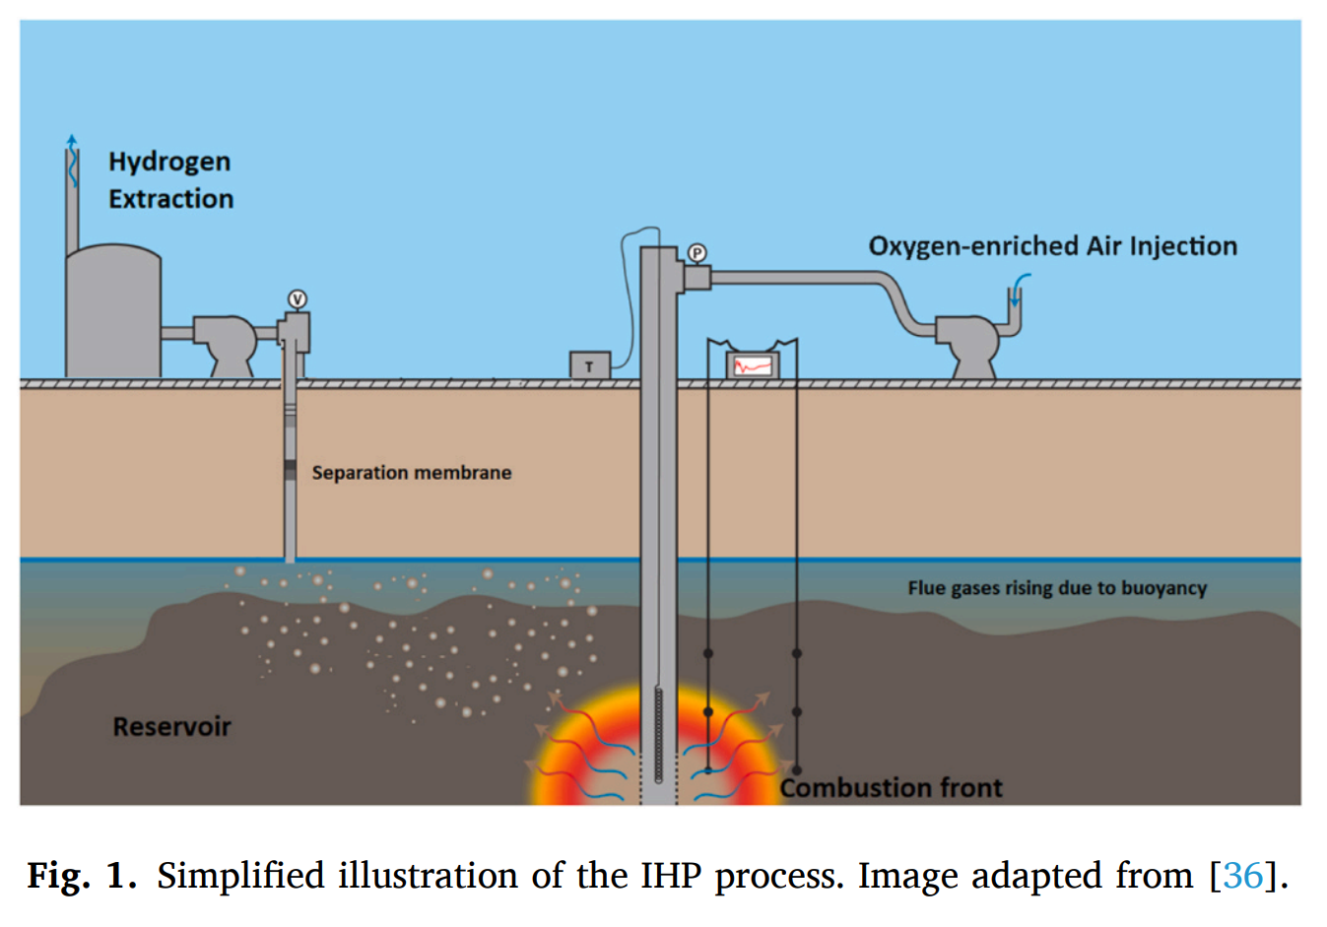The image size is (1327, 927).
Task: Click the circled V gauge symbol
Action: pyautogui.click(x=298, y=299)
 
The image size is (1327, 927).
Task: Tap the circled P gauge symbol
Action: pyautogui.click(x=697, y=253)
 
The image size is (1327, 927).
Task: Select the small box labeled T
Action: pyautogui.click(x=589, y=365)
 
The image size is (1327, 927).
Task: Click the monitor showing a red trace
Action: pyautogui.click(x=753, y=365)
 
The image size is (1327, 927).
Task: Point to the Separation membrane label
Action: pyautogui.click(x=411, y=473)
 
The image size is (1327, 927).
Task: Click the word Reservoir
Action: pyautogui.click(x=171, y=727)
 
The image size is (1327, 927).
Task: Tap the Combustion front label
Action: pyautogui.click(x=892, y=788)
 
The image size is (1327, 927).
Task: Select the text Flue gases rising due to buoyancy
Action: pyautogui.click(x=1056, y=588)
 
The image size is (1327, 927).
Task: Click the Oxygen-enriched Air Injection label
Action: pyautogui.click(x=1052, y=246)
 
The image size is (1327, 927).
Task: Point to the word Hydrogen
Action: pyautogui.click(x=169, y=162)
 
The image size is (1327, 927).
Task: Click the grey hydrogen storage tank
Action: pyautogui.click(x=112, y=310)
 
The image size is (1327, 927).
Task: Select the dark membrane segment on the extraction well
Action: pyautogui.click(x=290, y=471)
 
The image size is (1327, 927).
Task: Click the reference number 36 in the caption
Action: pyautogui.click(x=1242, y=875)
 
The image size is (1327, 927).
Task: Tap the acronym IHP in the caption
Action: pyautogui.click(x=673, y=875)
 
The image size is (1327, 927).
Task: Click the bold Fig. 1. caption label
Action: pyautogui.click(x=81, y=875)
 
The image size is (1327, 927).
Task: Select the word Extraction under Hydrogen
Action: pyautogui.click(x=170, y=199)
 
